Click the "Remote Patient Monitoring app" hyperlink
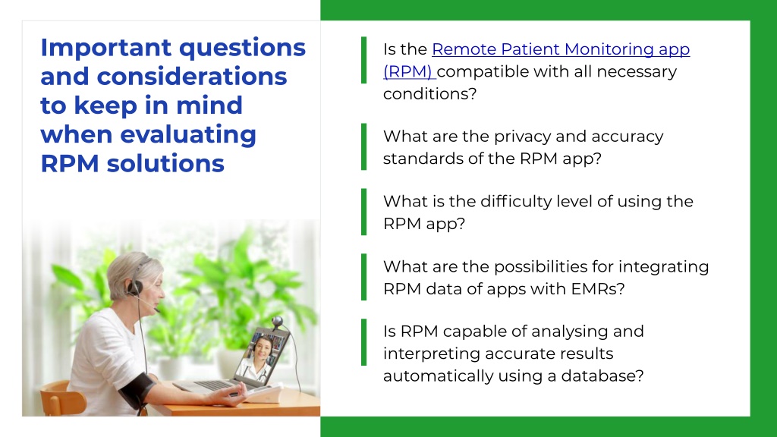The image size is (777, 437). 561,49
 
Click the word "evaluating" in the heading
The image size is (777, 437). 188,135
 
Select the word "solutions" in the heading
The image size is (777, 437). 165,164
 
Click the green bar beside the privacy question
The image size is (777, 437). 363,146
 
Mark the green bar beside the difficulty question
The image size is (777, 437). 363,212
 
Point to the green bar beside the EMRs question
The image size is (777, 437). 363,277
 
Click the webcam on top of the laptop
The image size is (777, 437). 277,322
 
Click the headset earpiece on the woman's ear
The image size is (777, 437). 135,287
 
